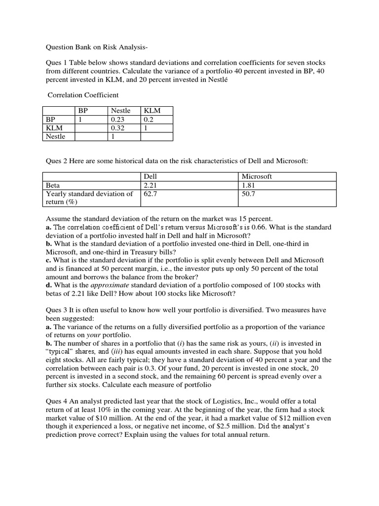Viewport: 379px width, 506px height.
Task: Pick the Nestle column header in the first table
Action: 121,111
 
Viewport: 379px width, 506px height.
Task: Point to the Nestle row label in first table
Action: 55,136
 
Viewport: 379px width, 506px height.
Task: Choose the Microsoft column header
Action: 257,176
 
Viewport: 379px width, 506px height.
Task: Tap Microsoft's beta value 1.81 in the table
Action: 249,185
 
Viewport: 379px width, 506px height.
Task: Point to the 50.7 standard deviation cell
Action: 249,194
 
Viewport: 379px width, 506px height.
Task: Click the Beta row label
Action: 53,185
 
